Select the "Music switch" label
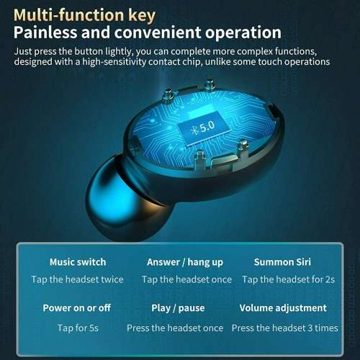(x=77, y=262)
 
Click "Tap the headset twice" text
(x=77, y=279)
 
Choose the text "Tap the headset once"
(x=186, y=279)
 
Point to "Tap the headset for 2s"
(x=289, y=279)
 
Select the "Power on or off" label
(x=76, y=308)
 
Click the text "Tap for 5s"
(x=77, y=328)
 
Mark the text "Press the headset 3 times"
(x=284, y=328)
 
